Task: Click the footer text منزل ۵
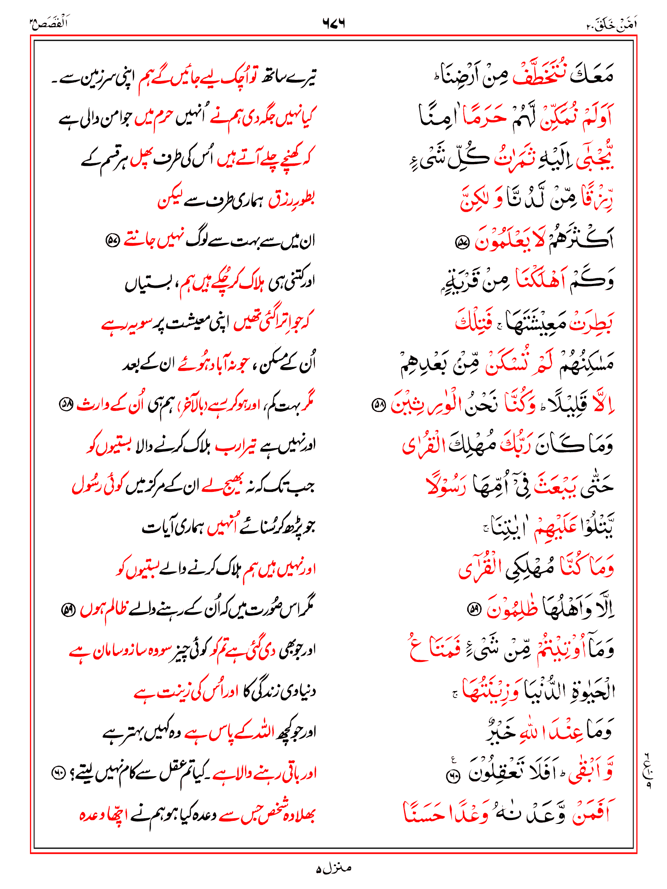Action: [333, 868]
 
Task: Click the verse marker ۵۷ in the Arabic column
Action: [460, 242]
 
